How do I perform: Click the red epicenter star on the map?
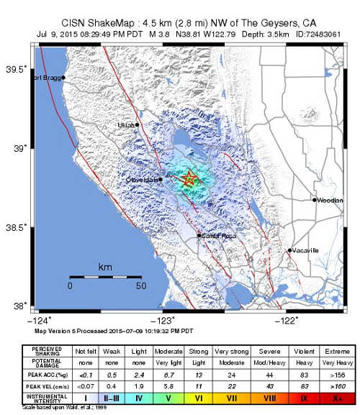[x=189, y=179]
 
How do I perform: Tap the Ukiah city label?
[x=126, y=125]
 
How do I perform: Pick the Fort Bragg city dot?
[x=63, y=78]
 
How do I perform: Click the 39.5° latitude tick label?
[x=17, y=69]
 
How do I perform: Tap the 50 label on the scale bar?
[x=141, y=286]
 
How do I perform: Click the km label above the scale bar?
[x=105, y=267]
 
